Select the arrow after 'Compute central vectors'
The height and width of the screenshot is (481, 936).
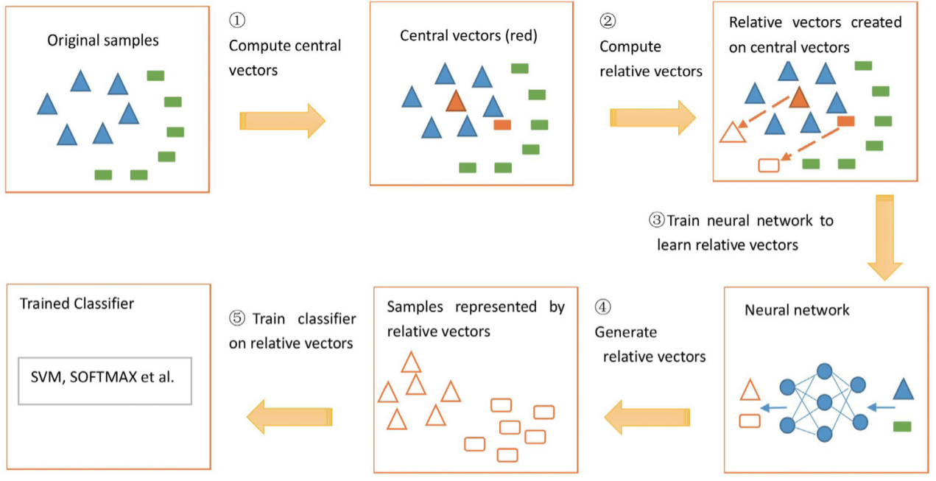coord(283,121)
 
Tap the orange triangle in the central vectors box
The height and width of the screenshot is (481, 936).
coord(456,101)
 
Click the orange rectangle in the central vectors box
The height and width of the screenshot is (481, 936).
coord(502,124)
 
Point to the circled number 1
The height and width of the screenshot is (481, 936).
coord(238,20)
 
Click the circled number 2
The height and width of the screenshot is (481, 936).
coord(608,21)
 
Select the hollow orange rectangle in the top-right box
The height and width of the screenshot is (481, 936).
coord(768,165)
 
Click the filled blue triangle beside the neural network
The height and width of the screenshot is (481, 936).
coord(904,390)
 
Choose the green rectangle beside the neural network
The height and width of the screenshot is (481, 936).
coord(902,426)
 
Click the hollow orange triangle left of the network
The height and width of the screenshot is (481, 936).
coord(750,390)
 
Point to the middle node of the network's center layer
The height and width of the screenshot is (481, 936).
coord(824,402)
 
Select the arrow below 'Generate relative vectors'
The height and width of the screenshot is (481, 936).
coord(647,418)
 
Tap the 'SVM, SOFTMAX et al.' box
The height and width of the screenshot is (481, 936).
coord(105,381)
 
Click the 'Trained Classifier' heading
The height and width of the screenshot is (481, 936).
coord(77,303)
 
